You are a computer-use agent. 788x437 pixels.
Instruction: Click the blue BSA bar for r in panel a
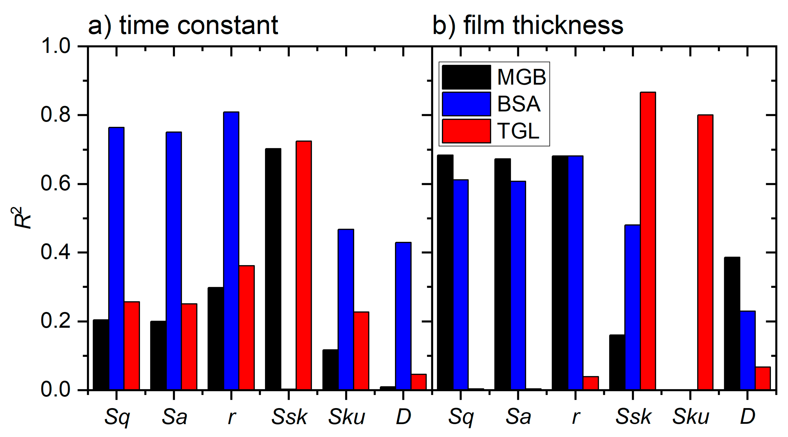click(231, 251)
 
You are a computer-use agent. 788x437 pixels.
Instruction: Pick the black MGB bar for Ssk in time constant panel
click(273, 269)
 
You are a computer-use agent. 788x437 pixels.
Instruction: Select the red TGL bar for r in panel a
click(247, 328)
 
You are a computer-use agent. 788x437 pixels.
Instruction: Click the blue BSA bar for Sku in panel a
click(346, 309)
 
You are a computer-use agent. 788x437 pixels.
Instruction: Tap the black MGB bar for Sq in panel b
click(445, 272)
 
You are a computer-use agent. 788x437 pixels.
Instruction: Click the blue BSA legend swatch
click(466, 104)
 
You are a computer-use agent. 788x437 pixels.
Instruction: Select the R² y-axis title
click(23, 218)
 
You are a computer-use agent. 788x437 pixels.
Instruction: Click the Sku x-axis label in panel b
click(690, 417)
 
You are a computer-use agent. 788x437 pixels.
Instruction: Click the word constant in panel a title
click(227, 25)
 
